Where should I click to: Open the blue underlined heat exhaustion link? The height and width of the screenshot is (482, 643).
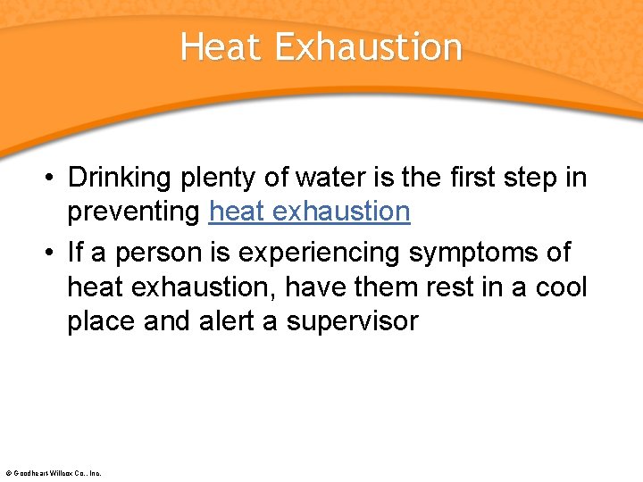(309, 212)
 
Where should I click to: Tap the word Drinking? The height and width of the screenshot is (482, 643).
(119, 179)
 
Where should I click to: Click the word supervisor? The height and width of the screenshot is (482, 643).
(352, 321)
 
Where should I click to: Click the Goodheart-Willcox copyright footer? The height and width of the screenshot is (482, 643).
(54, 472)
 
